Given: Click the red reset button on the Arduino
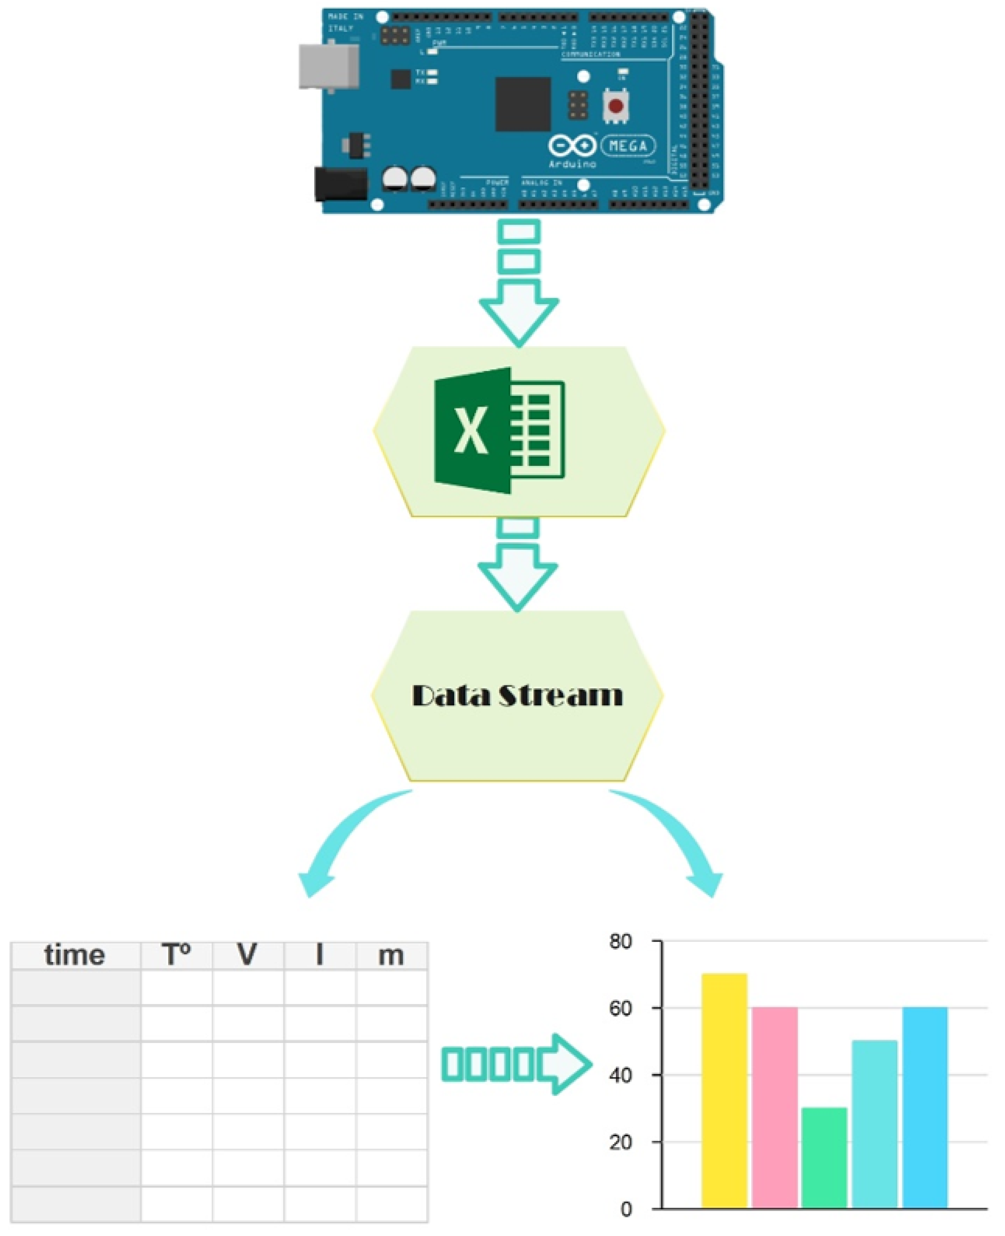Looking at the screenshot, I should click(x=615, y=106).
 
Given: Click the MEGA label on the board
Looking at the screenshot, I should click(x=628, y=146).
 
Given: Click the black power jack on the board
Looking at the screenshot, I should click(x=340, y=184).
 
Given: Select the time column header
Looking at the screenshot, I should click(x=75, y=955).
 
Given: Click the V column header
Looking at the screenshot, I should click(x=248, y=955).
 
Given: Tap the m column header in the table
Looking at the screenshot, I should click(x=391, y=955).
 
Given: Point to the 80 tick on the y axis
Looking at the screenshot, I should click(x=621, y=942).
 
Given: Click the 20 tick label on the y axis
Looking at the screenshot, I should click(x=621, y=1142).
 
